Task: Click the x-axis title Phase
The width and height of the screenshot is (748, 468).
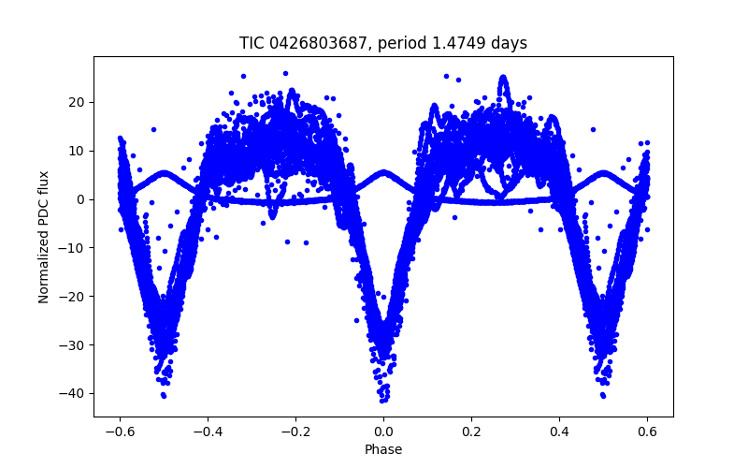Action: (x=383, y=450)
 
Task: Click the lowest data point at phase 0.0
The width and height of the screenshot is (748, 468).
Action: (x=383, y=400)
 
